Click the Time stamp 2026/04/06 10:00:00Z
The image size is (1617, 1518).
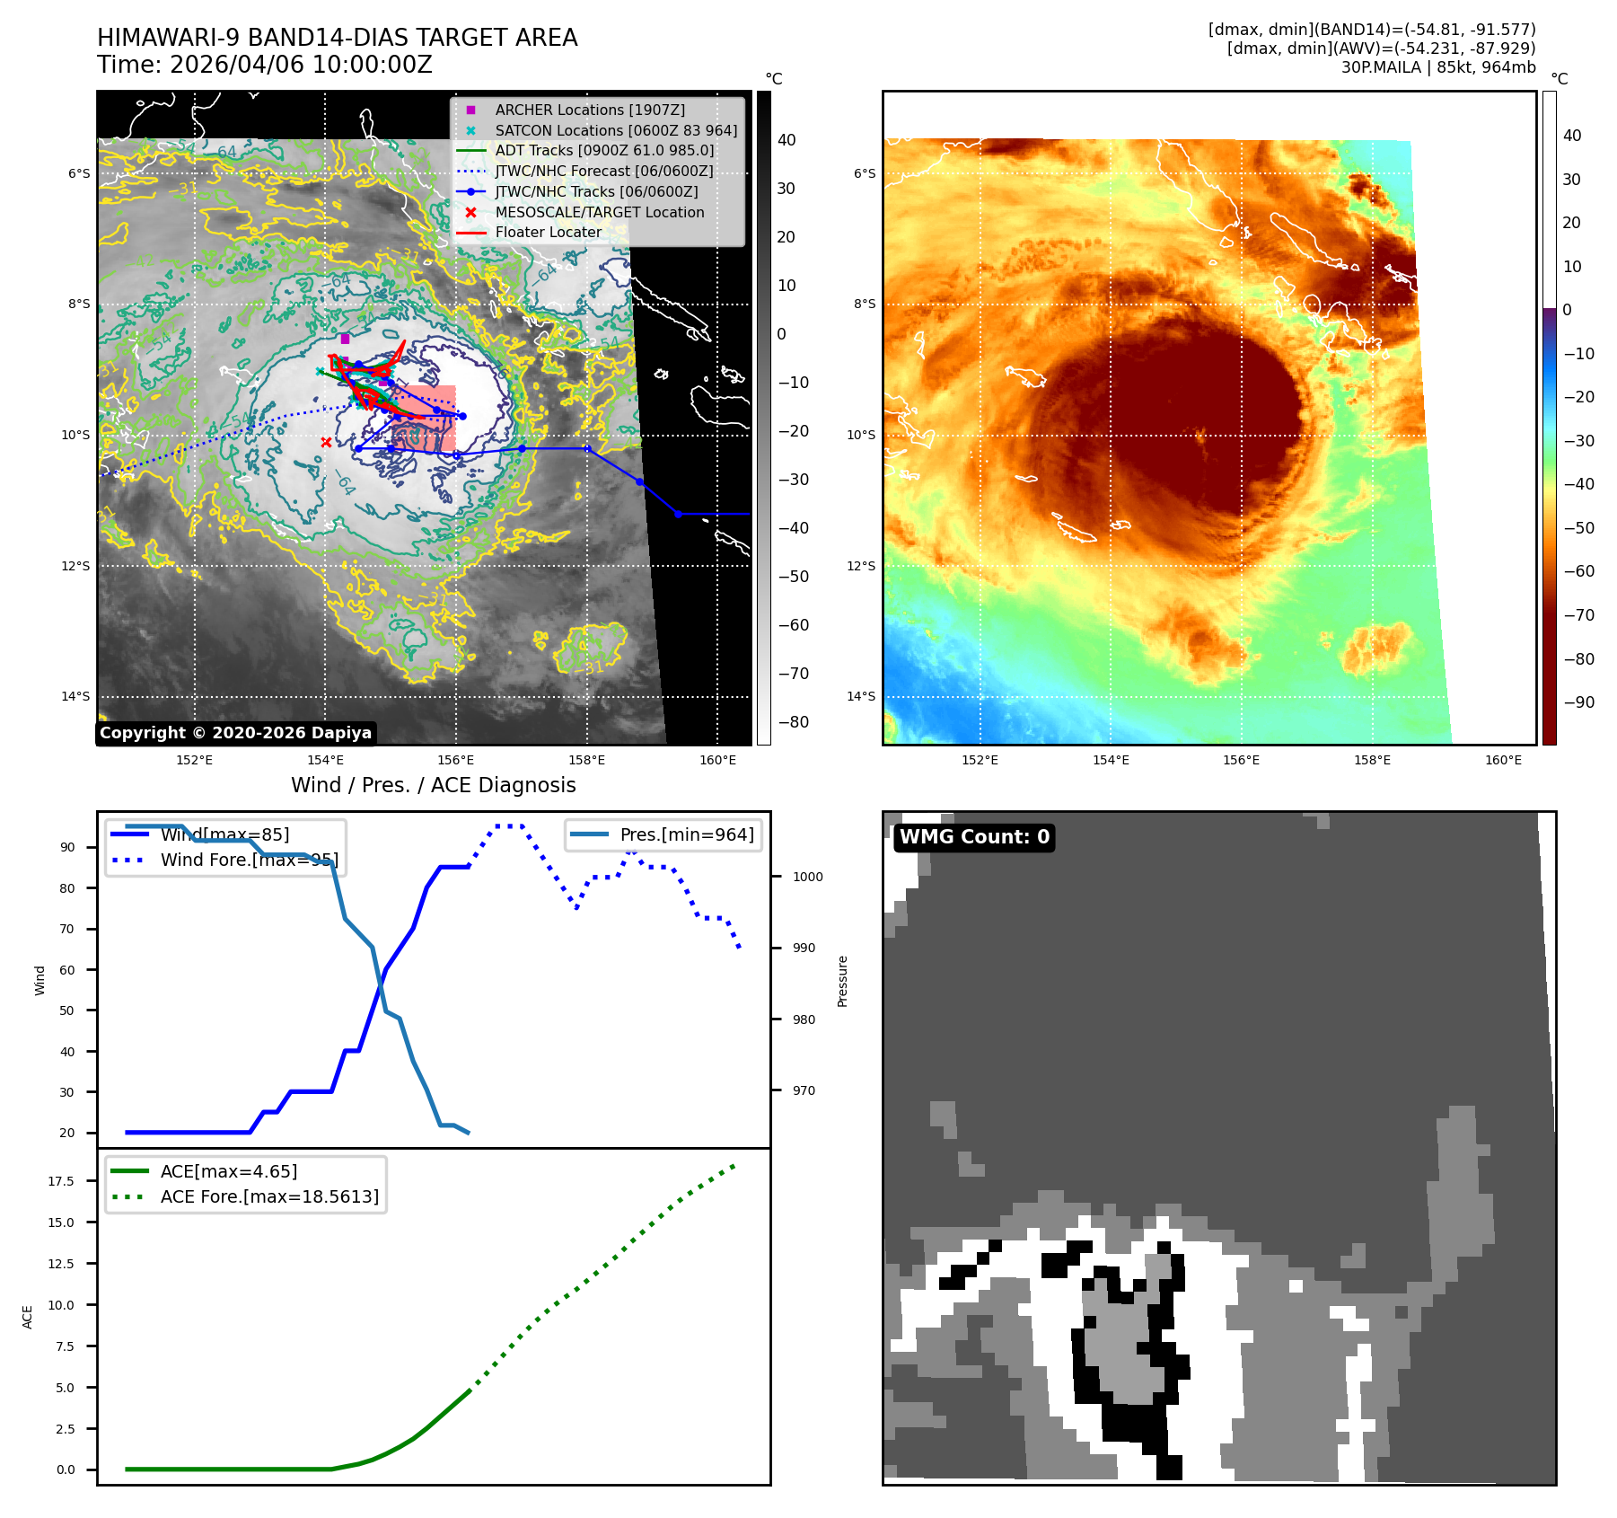(265, 66)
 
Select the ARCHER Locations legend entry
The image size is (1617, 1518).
(589, 110)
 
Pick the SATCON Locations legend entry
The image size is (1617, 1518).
(616, 130)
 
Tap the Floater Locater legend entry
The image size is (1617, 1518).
(548, 232)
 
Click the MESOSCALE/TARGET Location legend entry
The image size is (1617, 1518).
(599, 212)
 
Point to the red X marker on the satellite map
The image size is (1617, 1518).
(326, 442)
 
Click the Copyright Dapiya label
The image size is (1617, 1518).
(235, 733)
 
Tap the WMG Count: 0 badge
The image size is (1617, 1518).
(974, 837)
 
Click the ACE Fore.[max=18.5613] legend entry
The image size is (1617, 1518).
(269, 1196)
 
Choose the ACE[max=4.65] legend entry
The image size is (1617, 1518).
(228, 1171)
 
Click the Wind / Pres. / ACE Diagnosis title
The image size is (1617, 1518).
(434, 785)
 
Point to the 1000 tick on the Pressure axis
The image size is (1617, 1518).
(807, 877)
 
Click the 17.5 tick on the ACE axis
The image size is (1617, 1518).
(61, 1181)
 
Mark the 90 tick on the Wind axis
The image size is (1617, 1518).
(67, 847)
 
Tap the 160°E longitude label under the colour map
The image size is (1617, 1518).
(1503, 760)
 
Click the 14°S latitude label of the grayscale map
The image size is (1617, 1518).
(75, 696)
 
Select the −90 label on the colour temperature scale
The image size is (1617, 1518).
(1578, 702)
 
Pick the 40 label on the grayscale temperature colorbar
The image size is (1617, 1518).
(787, 140)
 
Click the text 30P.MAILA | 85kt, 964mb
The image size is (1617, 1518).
(1438, 67)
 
